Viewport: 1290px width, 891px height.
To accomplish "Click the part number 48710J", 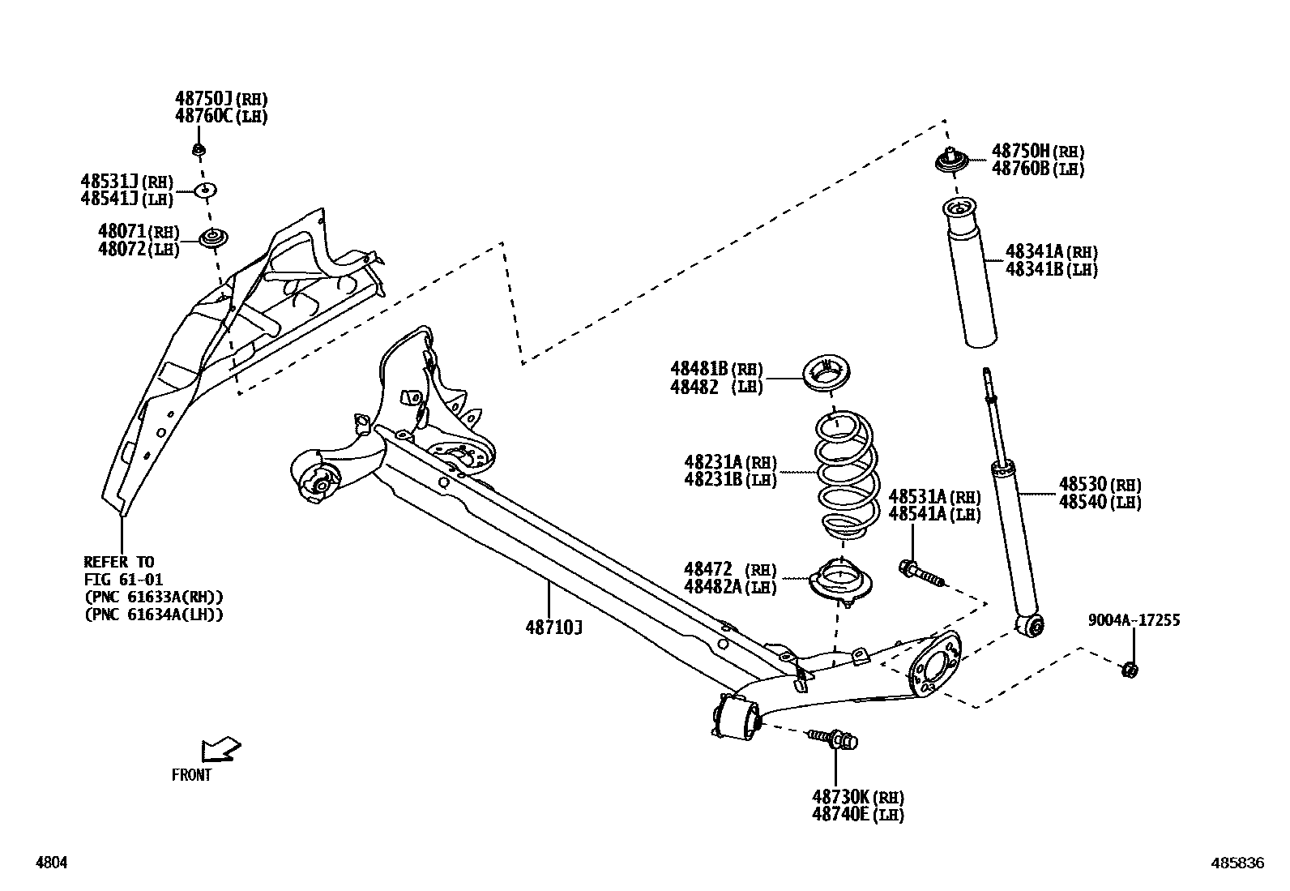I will pos(553,627).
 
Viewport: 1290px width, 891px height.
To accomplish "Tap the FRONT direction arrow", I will pos(221,748).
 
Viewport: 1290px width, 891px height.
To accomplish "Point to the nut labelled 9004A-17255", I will pos(1129,670).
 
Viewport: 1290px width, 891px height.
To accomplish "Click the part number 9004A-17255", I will pos(1134,620).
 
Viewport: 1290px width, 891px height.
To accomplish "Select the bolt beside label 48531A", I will pos(921,573).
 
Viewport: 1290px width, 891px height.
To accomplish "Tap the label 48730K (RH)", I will pos(857,797).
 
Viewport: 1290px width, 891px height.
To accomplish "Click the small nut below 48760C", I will pos(198,149).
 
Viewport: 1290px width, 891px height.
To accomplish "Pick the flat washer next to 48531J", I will pos(206,191).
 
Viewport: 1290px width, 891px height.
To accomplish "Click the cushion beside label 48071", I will pos(214,239).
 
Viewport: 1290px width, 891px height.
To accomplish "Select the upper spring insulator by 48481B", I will pos(826,375).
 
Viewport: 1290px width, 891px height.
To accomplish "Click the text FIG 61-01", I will pos(123,579).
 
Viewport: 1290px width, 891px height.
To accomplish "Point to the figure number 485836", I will pos(1237,863).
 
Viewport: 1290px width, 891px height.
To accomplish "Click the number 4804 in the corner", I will pos(50,863).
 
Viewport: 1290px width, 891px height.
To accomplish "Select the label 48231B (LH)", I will pos(730,479).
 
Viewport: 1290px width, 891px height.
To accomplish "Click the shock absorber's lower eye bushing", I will pos(1032,625).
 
